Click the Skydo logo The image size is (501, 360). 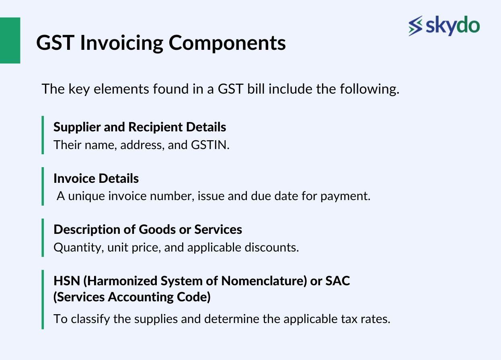[444, 26]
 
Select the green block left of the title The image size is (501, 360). [10, 40]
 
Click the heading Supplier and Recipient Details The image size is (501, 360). [140, 127]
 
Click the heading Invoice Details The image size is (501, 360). [96, 178]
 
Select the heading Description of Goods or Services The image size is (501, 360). [148, 229]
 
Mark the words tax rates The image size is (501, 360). [370, 319]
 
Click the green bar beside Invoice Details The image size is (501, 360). [43, 186]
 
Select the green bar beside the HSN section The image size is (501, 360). [43, 299]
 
